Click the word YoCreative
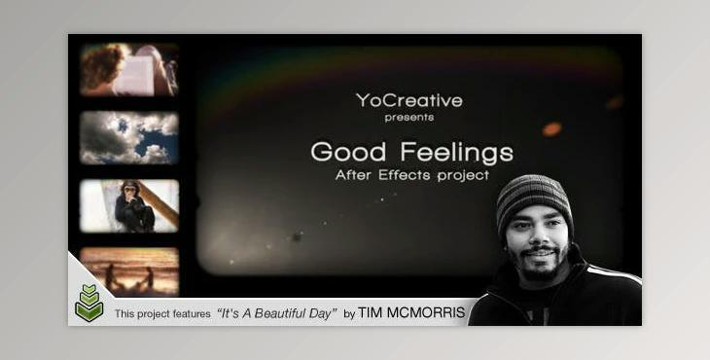[x=408, y=100]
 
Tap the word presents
[x=408, y=118]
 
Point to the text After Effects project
[x=411, y=176]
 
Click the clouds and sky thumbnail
[x=129, y=137]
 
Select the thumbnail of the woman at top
[x=129, y=69]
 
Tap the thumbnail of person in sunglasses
[x=130, y=204]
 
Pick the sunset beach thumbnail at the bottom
[x=129, y=270]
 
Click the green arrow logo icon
[x=89, y=304]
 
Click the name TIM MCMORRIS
[x=410, y=313]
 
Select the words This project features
[x=162, y=314]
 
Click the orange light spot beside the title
[x=551, y=128]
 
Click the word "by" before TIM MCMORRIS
[x=349, y=314]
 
